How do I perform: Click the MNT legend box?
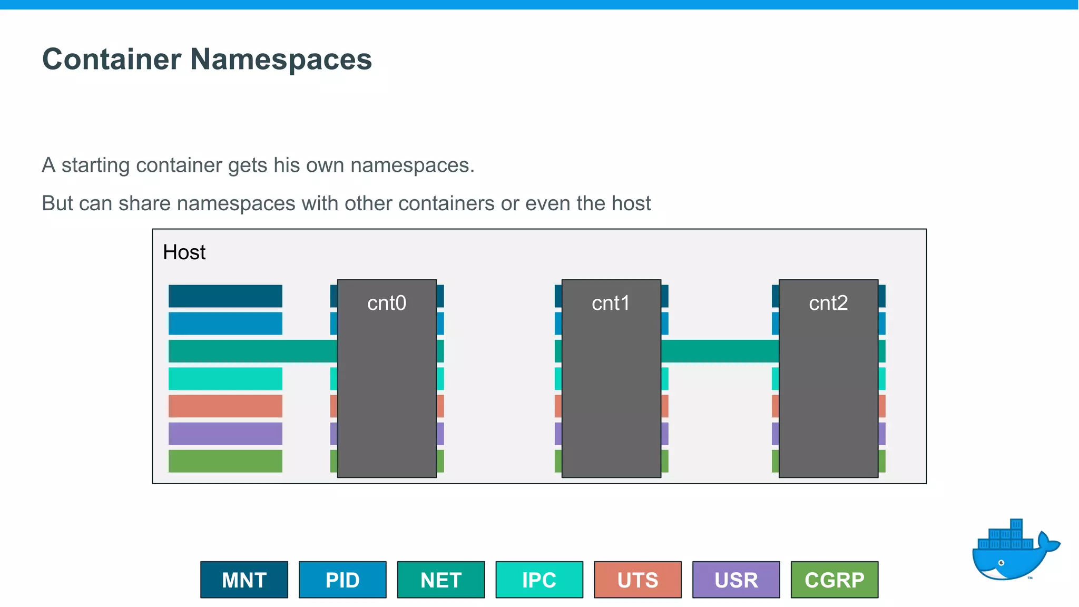[244, 580]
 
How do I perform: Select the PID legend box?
[342, 580]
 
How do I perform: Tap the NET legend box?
[441, 580]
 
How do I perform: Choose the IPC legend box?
[539, 580]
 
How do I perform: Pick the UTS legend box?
[637, 580]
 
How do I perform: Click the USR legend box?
[736, 580]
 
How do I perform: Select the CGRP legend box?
[835, 580]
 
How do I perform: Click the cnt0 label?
[387, 303]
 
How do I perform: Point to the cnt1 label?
[611, 303]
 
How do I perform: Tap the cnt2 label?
[828, 303]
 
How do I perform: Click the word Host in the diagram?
[184, 252]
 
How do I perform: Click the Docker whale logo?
[1014, 551]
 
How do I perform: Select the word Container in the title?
[112, 59]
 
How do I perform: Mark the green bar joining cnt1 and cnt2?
[720, 351]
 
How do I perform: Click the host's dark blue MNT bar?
[225, 296]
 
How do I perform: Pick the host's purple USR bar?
[225, 433]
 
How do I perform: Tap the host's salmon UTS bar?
[225, 406]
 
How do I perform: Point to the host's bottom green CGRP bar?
[225, 461]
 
